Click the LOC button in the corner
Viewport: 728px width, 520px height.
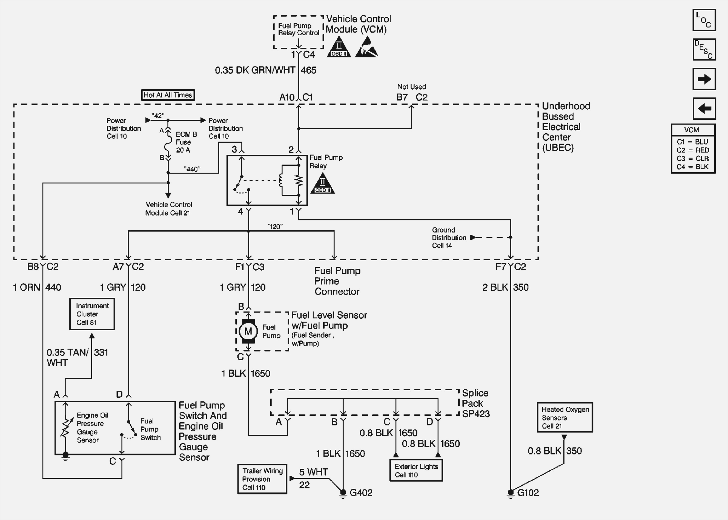pos(704,20)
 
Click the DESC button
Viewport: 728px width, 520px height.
pos(704,50)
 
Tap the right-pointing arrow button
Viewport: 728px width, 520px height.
pos(704,79)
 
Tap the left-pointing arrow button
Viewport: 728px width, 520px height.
pos(704,109)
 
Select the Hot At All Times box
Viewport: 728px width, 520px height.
pos(168,95)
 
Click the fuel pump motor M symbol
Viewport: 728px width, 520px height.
pos(248,331)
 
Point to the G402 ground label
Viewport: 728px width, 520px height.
pos(361,493)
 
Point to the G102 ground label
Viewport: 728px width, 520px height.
pos(528,493)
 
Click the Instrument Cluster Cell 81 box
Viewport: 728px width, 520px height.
pos(92,314)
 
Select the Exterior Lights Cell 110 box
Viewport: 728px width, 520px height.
pos(416,470)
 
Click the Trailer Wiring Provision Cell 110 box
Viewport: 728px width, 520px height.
pos(262,479)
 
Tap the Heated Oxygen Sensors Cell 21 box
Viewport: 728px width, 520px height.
pos(565,418)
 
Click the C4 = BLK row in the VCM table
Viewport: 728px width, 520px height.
pos(692,167)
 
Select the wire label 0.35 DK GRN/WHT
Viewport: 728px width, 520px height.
pos(255,71)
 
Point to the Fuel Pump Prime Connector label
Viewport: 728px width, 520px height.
pos(337,281)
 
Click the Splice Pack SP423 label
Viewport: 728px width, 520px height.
pos(476,404)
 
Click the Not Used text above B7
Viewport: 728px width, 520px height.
pos(411,87)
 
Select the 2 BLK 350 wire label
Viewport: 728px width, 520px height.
pos(505,287)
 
